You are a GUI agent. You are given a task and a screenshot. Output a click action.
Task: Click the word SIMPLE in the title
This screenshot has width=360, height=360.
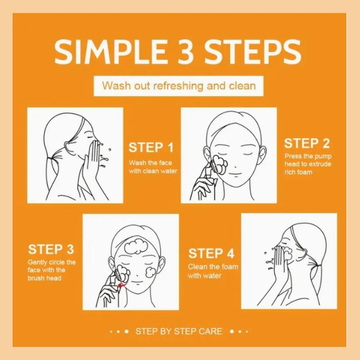pyautogui.click(x=110, y=51)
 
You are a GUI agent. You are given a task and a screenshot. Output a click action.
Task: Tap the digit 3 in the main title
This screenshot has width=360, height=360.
pyautogui.click(x=185, y=51)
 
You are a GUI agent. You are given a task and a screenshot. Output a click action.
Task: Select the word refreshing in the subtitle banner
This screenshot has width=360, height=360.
pyautogui.click(x=178, y=86)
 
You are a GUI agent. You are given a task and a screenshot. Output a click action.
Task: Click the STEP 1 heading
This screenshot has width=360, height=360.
pyautogui.click(x=151, y=148)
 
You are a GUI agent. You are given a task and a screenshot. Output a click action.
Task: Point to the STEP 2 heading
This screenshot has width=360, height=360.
pyautogui.click(x=307, y=144)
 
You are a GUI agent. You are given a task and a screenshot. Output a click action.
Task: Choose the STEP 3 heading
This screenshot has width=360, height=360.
pyautogui.click(x=51, y=249)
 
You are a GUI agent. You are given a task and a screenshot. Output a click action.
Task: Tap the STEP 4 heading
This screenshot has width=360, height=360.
pyautogui.click(x=211, y=253)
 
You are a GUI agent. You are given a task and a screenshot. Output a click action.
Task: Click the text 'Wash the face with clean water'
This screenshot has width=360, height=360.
pyautogui.click(x=153, y=167)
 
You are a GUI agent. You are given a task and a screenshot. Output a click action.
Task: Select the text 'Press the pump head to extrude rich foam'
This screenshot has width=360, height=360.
pyautogui.click(x=308, y=164)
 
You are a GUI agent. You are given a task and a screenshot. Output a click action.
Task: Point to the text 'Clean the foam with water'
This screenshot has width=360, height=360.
pyautogui.click(x=213, y=271)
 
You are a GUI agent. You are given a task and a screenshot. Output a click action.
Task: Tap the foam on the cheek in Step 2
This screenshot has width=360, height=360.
pyautogui.click(x=221, y=164)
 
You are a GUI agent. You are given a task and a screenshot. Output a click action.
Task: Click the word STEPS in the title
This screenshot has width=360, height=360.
pyautogui.click(x=252, y=51)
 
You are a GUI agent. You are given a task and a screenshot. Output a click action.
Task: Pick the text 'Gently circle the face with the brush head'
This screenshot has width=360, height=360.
pyautogui.click(x=52, y=270)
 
